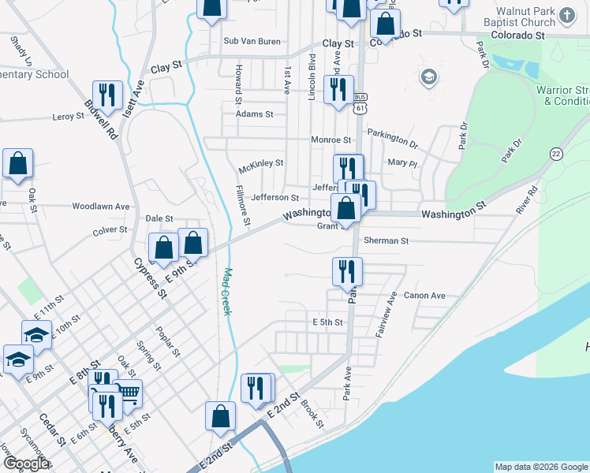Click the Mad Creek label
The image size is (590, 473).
226,292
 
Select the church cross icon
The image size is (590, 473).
566,15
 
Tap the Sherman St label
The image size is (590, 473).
386,240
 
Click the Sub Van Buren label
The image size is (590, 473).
252,41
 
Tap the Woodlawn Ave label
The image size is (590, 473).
100,206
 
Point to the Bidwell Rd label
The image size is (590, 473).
101,120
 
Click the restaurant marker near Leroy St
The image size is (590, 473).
107,96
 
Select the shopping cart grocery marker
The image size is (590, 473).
128,394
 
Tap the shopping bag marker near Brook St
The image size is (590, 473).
221,416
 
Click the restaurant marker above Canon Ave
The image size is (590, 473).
347,272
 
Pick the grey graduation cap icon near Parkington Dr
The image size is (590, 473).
428,77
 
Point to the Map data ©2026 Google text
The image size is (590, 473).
540,467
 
